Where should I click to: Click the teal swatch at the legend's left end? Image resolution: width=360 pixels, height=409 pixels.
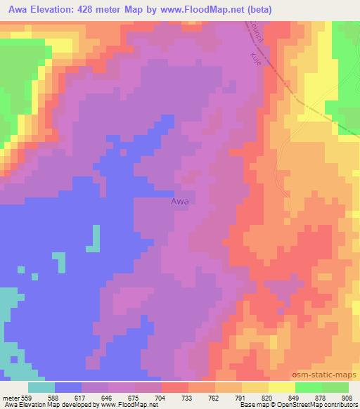[41, 387]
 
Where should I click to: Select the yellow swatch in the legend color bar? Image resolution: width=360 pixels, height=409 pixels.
[281, 387]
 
